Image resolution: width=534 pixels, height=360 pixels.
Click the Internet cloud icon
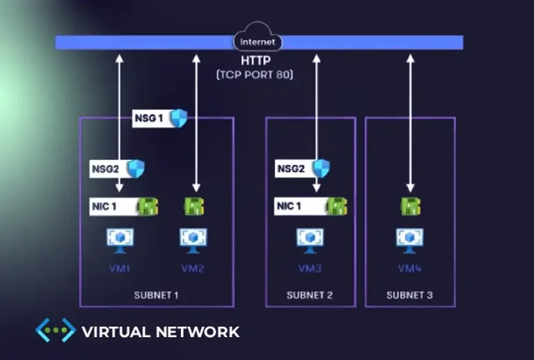(x=257, y=40)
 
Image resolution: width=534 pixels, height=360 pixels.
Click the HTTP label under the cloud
(x=255, y=61)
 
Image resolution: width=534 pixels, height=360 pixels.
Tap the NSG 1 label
(x=149, y=118)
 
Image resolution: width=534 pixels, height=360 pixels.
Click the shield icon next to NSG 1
(x=179, y=118)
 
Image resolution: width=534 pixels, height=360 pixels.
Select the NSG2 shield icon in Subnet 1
(x=135, y=169)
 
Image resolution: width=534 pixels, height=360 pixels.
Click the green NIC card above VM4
(x=410, y=206)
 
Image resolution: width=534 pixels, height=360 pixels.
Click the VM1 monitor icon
(x=120, y=239)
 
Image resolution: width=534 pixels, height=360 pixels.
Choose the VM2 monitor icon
(x=193, y=239)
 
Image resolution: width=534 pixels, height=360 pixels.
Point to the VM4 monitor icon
(x=410, y=239)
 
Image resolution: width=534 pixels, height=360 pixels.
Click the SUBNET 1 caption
(x=156, y=296)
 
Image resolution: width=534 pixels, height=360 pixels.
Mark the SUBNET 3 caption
(x=410, y=296)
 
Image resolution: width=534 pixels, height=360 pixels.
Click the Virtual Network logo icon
(x=55, y=330)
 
